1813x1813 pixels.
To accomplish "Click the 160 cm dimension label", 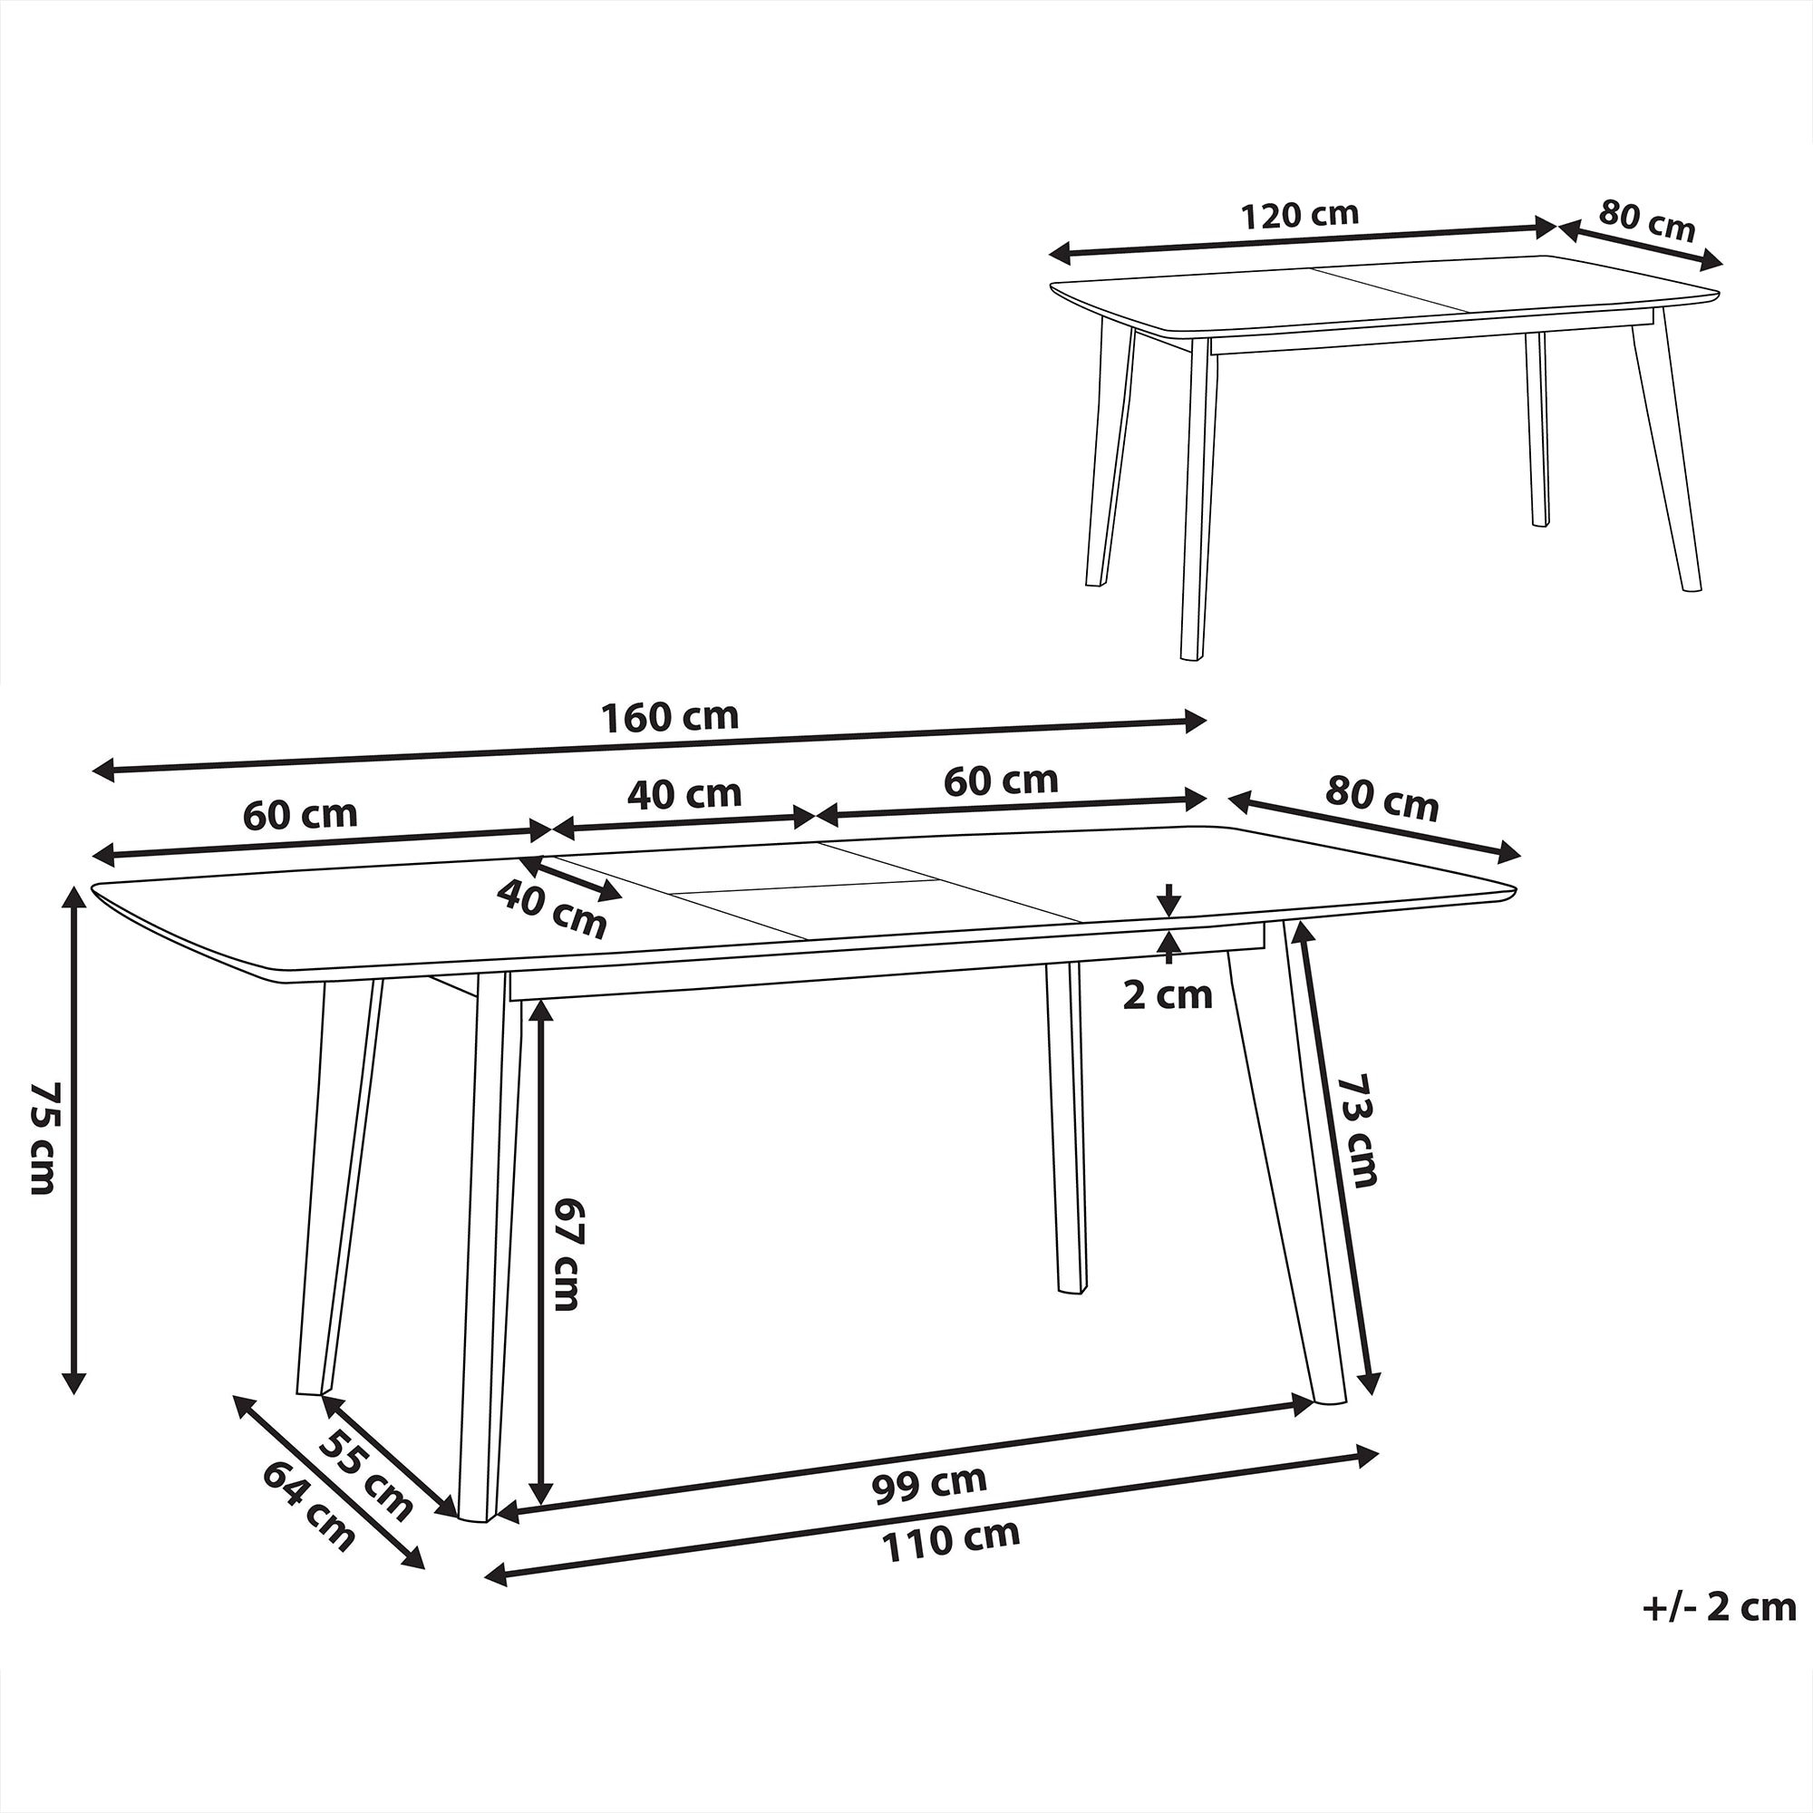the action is tap(669, 717).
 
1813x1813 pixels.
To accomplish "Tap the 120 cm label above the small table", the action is tap(1300, 215).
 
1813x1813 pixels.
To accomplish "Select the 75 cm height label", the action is tap(44, 1137).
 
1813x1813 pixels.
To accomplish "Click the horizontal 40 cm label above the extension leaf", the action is tap(684, 794).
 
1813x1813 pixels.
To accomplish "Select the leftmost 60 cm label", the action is tap(300, 815).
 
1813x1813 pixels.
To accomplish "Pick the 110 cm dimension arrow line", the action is tap(932, 1517).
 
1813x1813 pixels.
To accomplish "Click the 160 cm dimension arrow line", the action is tap(649, 746).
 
